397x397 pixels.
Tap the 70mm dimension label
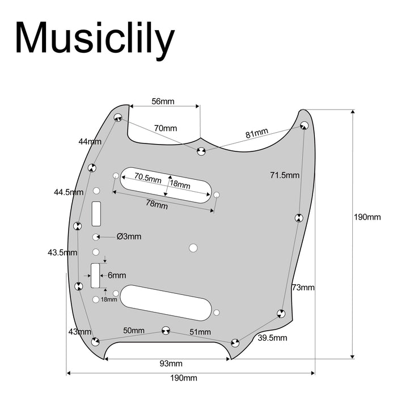point(166,128)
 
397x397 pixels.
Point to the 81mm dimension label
point(257,134)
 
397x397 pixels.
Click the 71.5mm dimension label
point(285,175)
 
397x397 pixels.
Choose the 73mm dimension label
point(303,288)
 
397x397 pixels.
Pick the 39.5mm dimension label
point(273,338)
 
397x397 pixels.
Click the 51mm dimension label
point(200,332)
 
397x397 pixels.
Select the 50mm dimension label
point(134,331)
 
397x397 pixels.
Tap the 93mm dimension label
point(171,363)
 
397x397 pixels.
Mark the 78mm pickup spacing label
point(157,205)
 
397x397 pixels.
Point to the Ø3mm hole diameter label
point(129,236)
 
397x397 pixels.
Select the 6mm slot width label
point(117,275)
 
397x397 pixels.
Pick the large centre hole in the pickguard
point(193,247)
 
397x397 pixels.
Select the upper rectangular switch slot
point(96,213)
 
